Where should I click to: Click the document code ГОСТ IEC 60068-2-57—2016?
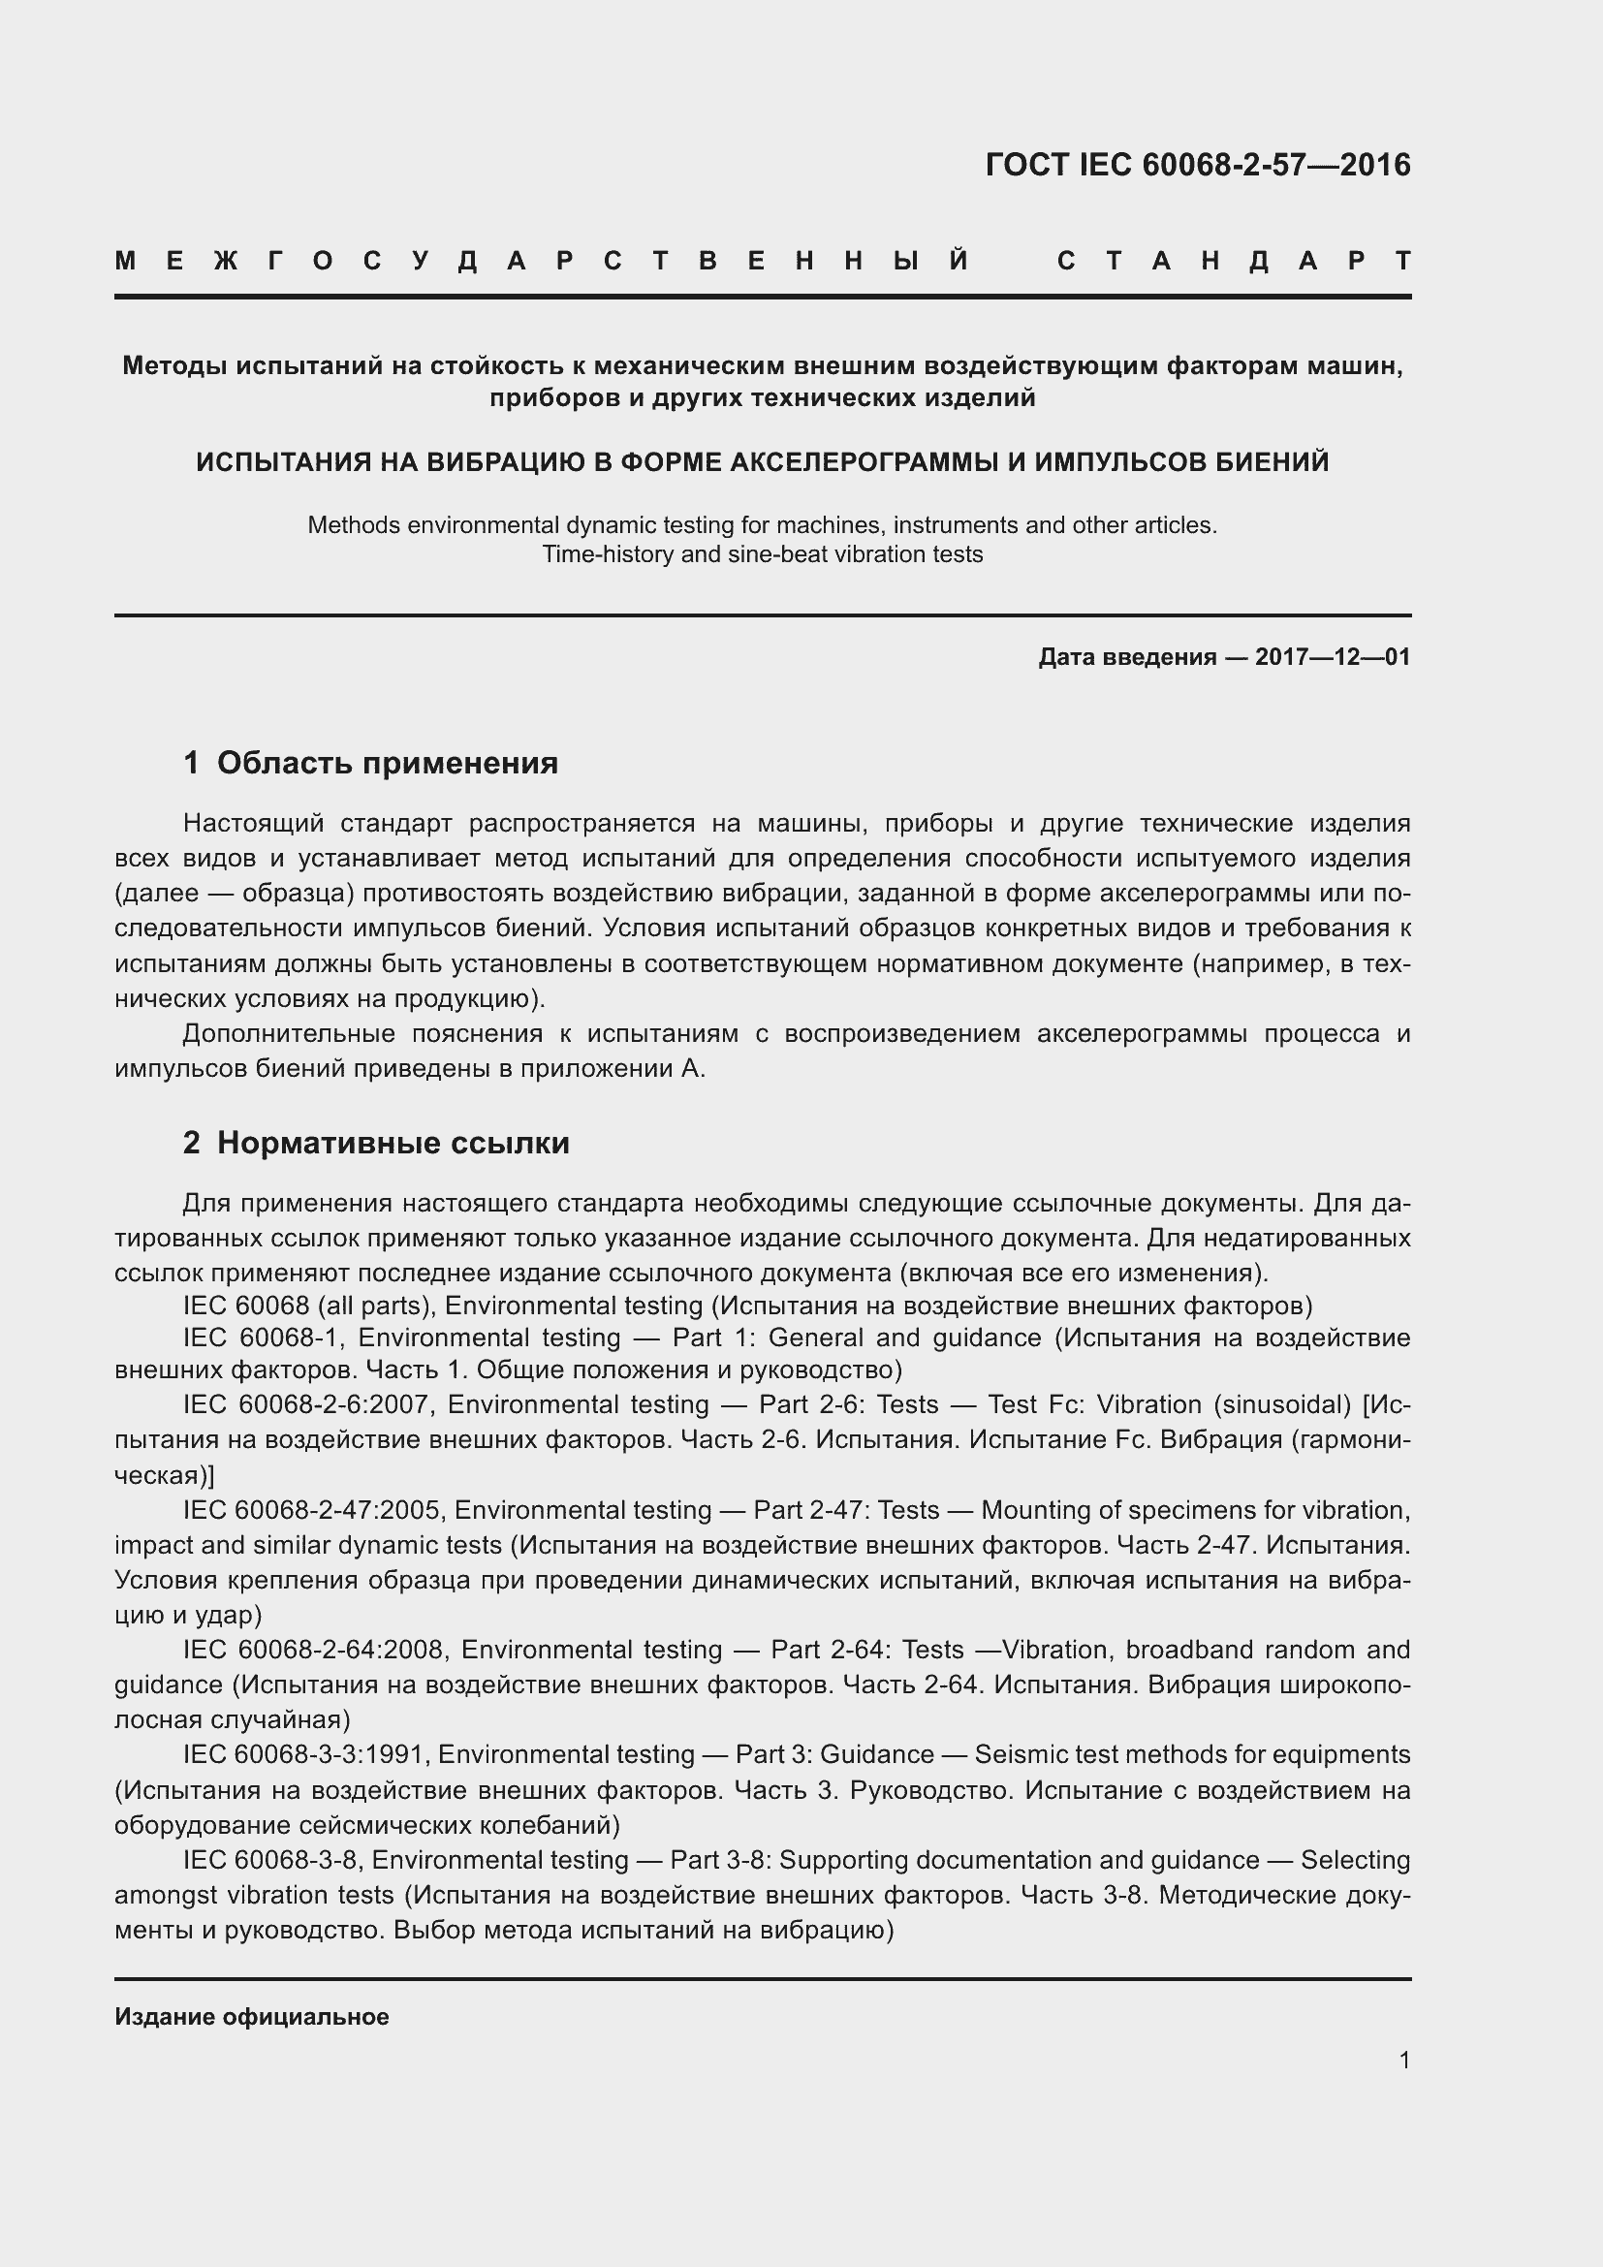click(1197, 165)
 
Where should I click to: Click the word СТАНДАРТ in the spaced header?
click(1234, 261)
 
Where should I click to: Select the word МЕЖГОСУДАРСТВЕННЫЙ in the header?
click(542, 261)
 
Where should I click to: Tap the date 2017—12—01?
click(1333, 656)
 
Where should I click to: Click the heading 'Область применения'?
click(387, 762)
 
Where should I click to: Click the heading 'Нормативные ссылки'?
click(393, 1143)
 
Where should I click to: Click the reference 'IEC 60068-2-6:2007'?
click(310, 1404)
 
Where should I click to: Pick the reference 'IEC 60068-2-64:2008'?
click(317, 1650)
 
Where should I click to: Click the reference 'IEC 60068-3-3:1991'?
click(304, 1754)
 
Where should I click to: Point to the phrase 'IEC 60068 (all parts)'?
click(309, 1306)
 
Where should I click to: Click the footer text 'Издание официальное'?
click(252, 2017)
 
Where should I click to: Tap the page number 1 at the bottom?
click(1403, 2061)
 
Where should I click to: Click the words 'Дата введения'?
click(1126, 656)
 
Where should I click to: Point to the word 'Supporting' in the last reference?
click(843, 1860)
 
